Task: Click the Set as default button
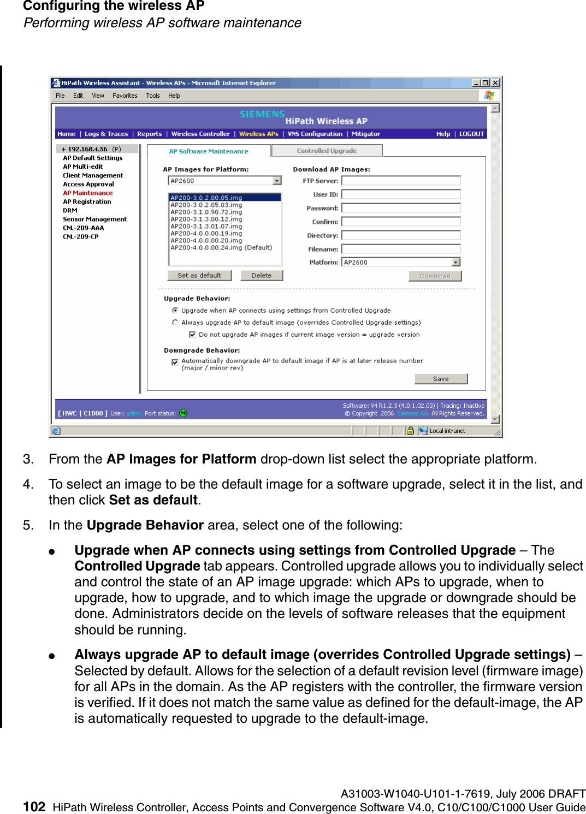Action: pyautogui.click(x=199, y=276)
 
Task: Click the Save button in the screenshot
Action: pyautogui.click(x=441, y=379)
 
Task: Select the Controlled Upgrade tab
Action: pyautogui.click(x=327, y=151)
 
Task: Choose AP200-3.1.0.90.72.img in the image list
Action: pyautogui.click(x=206, y=212)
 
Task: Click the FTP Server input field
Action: pyautogui.click(x=401, y=181)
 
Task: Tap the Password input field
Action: pyautogui.click(x=401, y=208)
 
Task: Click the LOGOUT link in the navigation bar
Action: pyautogui.click(x=471, y=134)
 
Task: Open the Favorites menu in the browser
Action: pyautogui.click(x=125, y=96)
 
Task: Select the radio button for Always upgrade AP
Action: pyautogui.click(x=175, y=323)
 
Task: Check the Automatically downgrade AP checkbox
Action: pyautogui.click(x=175, y=362)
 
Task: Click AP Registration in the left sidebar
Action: pyautogui.click(x=87, y=201)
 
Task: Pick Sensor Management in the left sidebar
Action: pyautogui.click(x=94, y=219)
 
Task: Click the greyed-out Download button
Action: pyautogui.click(x=435, y=276)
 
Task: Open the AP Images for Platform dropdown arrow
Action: pyautogui.click(x=277, y=181)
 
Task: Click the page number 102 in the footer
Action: pyautogui.click(x=34, y=807)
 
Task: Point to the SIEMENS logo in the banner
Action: pyautogui.click(x=262, y=114)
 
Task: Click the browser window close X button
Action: pyautogui.click(x=495, y=83)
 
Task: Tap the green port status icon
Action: pyautogui.click(x=183, y=413)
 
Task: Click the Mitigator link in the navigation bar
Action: pyautogui.click(x=366, y=134)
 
